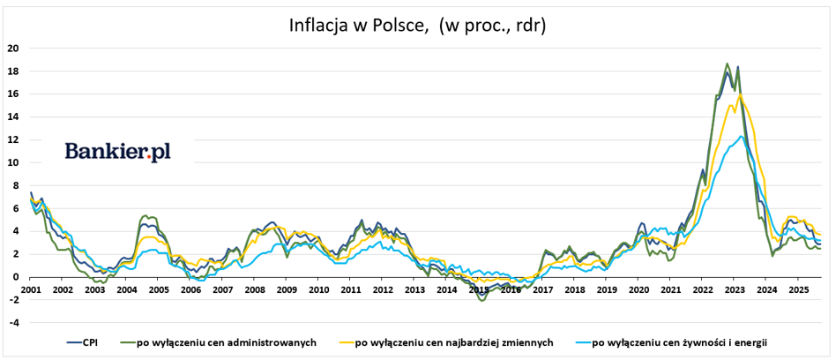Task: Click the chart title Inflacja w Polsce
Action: point(417,25)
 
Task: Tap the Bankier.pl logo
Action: point(117,152)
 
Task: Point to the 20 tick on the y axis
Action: point(12,48)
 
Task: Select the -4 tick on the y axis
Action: point(12,322)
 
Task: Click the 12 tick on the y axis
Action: point(12,139)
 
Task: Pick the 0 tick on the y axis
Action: point(15,277)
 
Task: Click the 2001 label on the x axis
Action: point(31,289)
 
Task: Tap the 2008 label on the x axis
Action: point(254,289)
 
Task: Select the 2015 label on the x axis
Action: point(478,289)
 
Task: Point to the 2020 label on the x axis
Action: point(638,289)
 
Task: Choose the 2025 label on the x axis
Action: point(798,289)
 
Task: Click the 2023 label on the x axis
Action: point(735,289)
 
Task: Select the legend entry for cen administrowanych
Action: point(226,342)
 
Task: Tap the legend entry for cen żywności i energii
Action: point(677,342)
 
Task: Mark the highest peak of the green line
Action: point(727,64)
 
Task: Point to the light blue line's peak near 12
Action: point(742,137)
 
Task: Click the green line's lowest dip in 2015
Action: point(481,301)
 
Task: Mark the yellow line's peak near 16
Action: point(740,95)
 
